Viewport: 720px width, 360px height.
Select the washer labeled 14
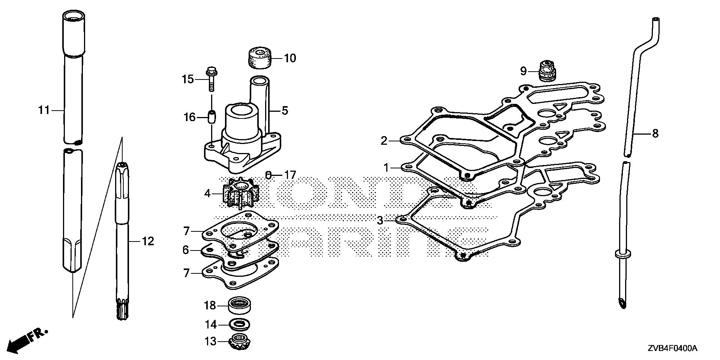coord(240,324)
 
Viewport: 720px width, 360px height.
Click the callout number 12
coord(148,241)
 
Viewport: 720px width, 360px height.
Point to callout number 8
coord(655,133)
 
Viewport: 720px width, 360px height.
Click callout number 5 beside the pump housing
coord(285,111)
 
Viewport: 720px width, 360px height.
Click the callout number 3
coord(380,220)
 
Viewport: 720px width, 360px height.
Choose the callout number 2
coord(384,141)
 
